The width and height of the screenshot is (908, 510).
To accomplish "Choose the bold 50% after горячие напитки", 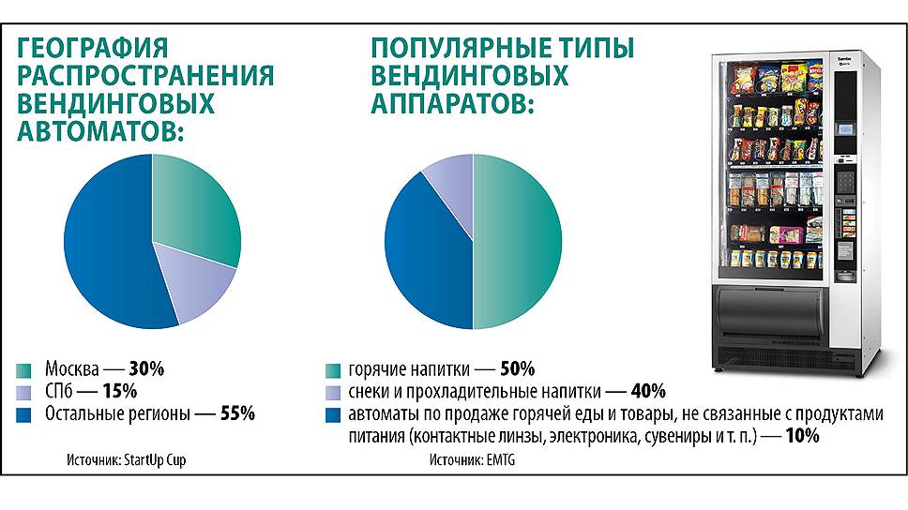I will coord(517,369).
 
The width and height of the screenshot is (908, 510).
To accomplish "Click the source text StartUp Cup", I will coord(168,461).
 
